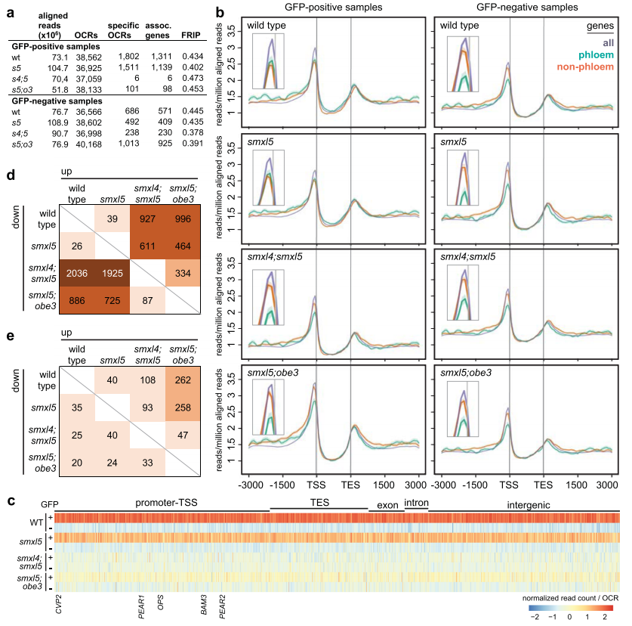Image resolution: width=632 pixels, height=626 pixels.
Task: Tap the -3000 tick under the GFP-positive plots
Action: point(248,482)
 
